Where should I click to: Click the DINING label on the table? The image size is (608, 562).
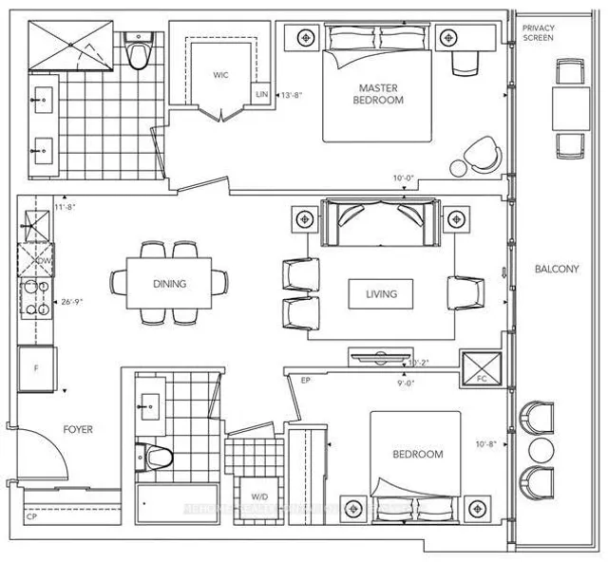(x=170, y=283)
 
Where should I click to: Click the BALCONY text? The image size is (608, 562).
(x=556, y=269)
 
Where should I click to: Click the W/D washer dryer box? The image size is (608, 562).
(x=256, y=495)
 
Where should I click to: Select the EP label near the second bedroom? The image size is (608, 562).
(x=306, y=380)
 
